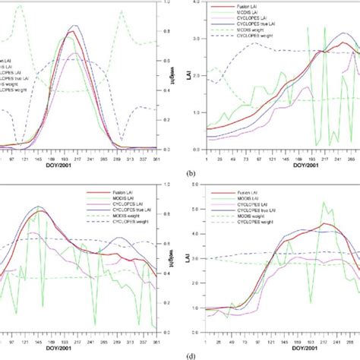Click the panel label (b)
click(188, 172)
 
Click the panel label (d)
click(188, 354)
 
